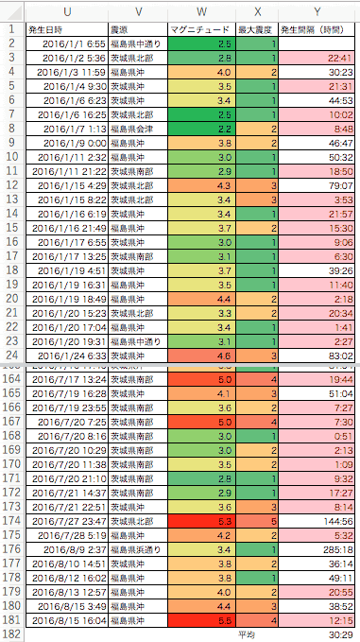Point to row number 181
[11, 621]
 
